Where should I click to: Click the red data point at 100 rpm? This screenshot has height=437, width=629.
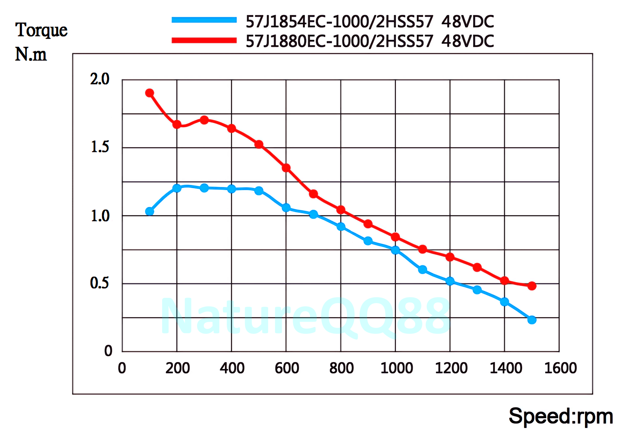(x=150, y=93)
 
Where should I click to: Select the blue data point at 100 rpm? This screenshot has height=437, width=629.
(x=150, y=211)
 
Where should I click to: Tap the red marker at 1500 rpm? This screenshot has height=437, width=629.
(x=532, y=286)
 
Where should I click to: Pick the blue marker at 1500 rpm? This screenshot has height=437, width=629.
(x=532, y=320)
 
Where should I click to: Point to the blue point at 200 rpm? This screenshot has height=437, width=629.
(x=177, y=188)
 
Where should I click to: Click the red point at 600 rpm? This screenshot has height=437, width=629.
(x=286, y=168)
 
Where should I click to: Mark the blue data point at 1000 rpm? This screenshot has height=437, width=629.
(x=395, y=250)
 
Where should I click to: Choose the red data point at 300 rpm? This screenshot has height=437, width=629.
(x=204, y=120)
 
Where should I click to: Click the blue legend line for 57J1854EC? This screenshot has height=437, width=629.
(x=204, y=20)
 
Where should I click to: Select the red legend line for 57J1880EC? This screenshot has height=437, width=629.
(x=204, y=40)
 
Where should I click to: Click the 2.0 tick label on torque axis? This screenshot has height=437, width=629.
(x=100, y=79)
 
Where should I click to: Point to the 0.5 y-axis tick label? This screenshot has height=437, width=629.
(x=100, y=283)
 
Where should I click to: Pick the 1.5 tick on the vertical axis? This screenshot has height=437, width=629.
(x=100, y=147)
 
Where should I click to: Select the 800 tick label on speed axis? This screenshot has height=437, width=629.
(x=341, y=368)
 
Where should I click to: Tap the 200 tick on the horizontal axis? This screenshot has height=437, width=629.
(x=178, y=368)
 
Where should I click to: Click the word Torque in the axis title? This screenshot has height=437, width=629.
(x=41, y=30)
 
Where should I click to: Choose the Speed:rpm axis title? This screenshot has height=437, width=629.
(x=561, y=416)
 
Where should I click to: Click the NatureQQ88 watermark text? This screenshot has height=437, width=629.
(x=305, y=316)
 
